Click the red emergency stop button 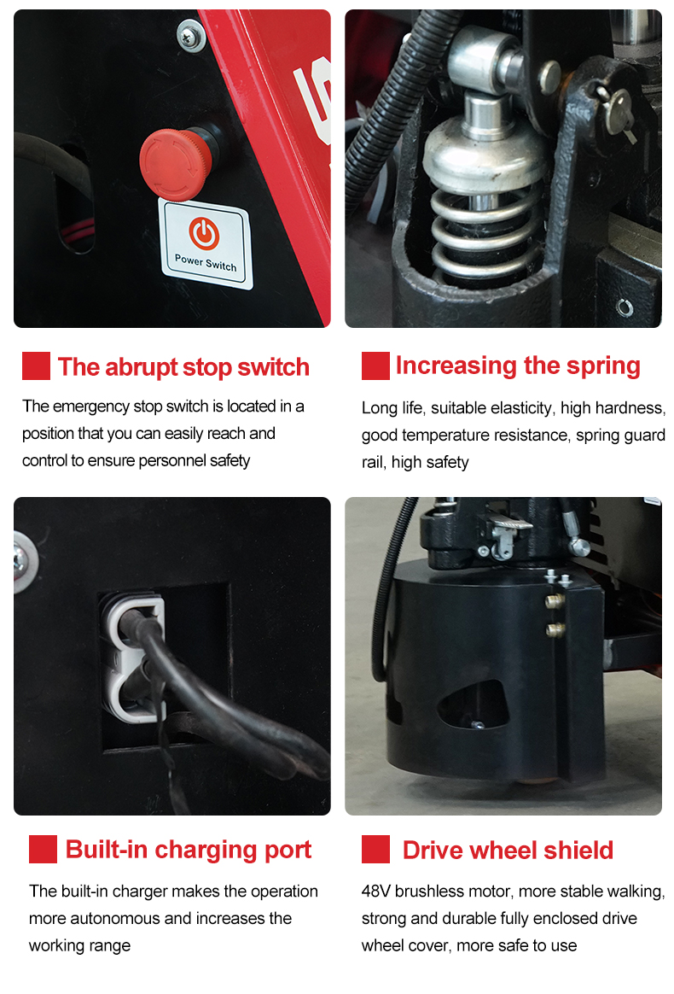point(176,163)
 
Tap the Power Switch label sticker point(206,243)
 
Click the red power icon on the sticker point(204,233)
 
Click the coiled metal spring point(485,234)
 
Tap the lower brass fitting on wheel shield point(555,629)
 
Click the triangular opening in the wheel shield point(474,705)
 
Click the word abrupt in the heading point(142,368)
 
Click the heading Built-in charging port point(189,850)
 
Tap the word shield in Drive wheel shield point(578,850)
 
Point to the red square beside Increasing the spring point(375,366)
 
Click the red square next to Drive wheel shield point(375,850)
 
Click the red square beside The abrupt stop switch point(36,366)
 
